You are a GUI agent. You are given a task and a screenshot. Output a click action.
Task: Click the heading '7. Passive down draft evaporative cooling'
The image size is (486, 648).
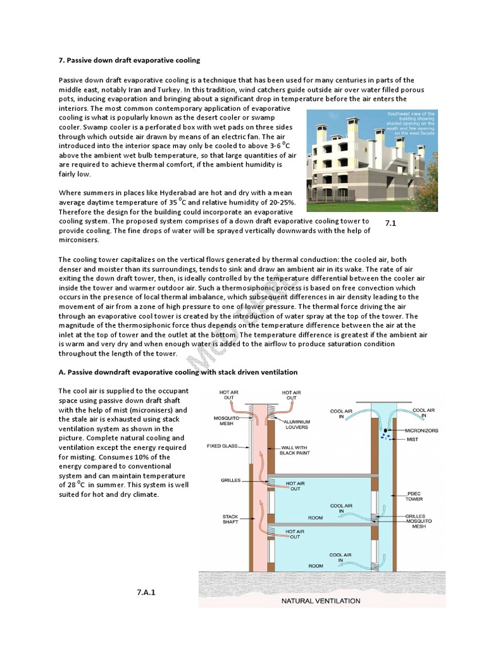pyautogui.click(x=129, y=60)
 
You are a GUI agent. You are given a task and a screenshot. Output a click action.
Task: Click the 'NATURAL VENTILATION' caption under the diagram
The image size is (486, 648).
pyautogui.click(x=321, y=601)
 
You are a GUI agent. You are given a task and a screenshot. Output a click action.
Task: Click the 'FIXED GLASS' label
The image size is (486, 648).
pyautogui.click(x=222, y=446)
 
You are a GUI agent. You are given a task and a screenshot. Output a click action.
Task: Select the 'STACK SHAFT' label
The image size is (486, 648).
pyautogui.click(x=230, y=520)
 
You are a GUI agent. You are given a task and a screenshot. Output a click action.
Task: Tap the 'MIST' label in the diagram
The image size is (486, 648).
pyautogui.click(x=412, y=439)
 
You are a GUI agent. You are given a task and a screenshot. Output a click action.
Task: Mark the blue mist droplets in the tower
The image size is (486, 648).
pyautogui.click(x=384, y=435)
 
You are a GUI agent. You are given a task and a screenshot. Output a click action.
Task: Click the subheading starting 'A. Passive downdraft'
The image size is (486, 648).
pyautogui.click(x=178, y=372)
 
